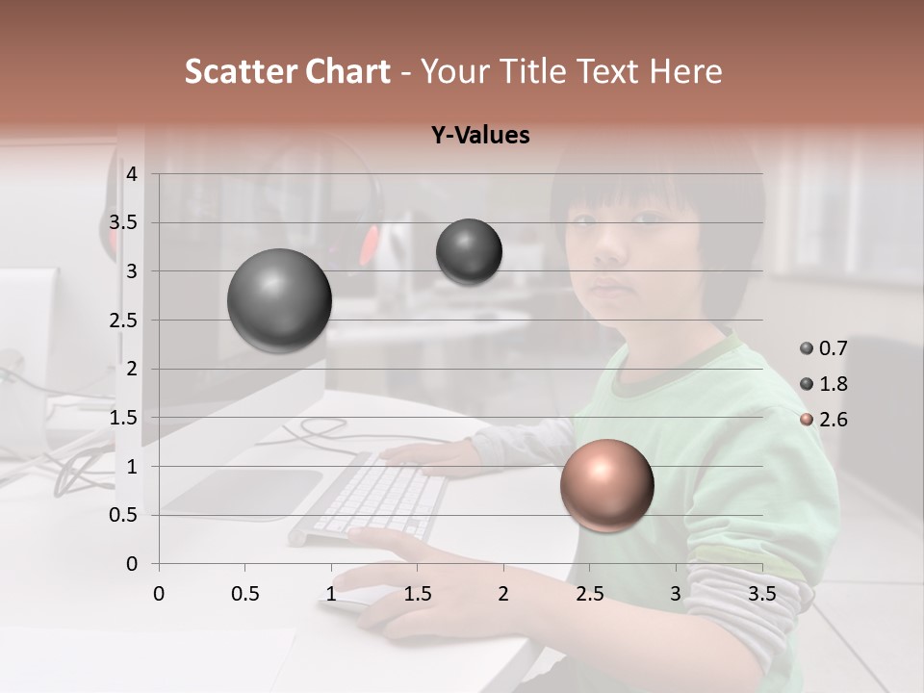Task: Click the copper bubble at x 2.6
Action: (607, 485)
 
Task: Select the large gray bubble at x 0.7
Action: (280, 300)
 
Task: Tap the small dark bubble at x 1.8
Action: (469, 251)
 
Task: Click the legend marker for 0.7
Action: (807, 347)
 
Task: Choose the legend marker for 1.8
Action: (807, 384)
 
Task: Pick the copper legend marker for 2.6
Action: (807, 420)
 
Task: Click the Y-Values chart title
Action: (480, 136)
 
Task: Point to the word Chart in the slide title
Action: (347, 71)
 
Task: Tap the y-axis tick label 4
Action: (132, 174)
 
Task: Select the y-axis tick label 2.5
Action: (123, 321)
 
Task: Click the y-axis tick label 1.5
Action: (123, 418)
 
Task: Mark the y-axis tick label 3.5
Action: (123, 223)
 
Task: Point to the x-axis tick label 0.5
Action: (244, 594)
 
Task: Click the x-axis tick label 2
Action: (503, 594)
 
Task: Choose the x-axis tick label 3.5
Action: (761, 594)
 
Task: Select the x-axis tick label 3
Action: (676, 594)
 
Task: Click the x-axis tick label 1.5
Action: (417, 594)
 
